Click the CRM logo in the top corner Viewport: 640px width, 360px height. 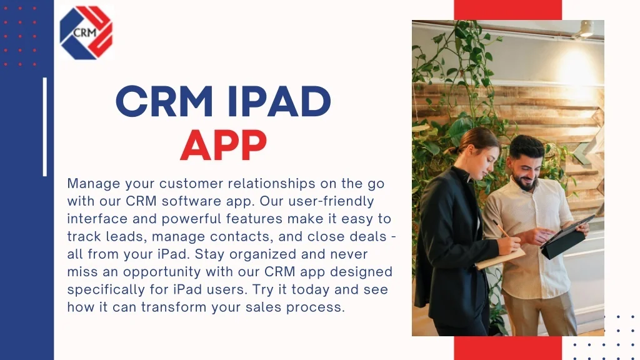[86, 32]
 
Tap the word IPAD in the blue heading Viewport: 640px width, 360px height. [279, 101]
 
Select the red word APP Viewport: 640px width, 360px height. [224, 145]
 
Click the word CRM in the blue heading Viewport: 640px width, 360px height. [164, 101]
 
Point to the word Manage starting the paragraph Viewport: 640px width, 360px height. [94, 184]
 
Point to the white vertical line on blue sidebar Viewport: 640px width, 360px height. [45, 127]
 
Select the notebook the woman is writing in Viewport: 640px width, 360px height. [501, 259]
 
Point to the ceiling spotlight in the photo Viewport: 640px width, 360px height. [586, 29]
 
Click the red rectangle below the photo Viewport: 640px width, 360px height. [507, 348]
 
